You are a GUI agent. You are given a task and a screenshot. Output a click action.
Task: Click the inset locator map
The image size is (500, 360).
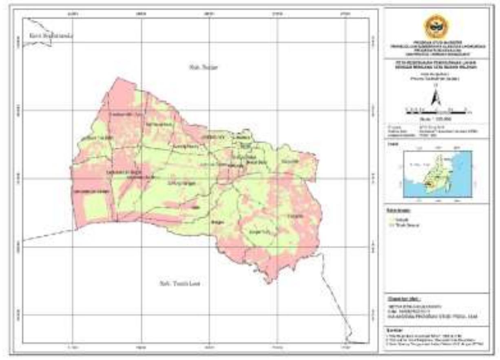437,173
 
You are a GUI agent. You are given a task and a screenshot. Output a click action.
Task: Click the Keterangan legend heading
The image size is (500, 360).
398,210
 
